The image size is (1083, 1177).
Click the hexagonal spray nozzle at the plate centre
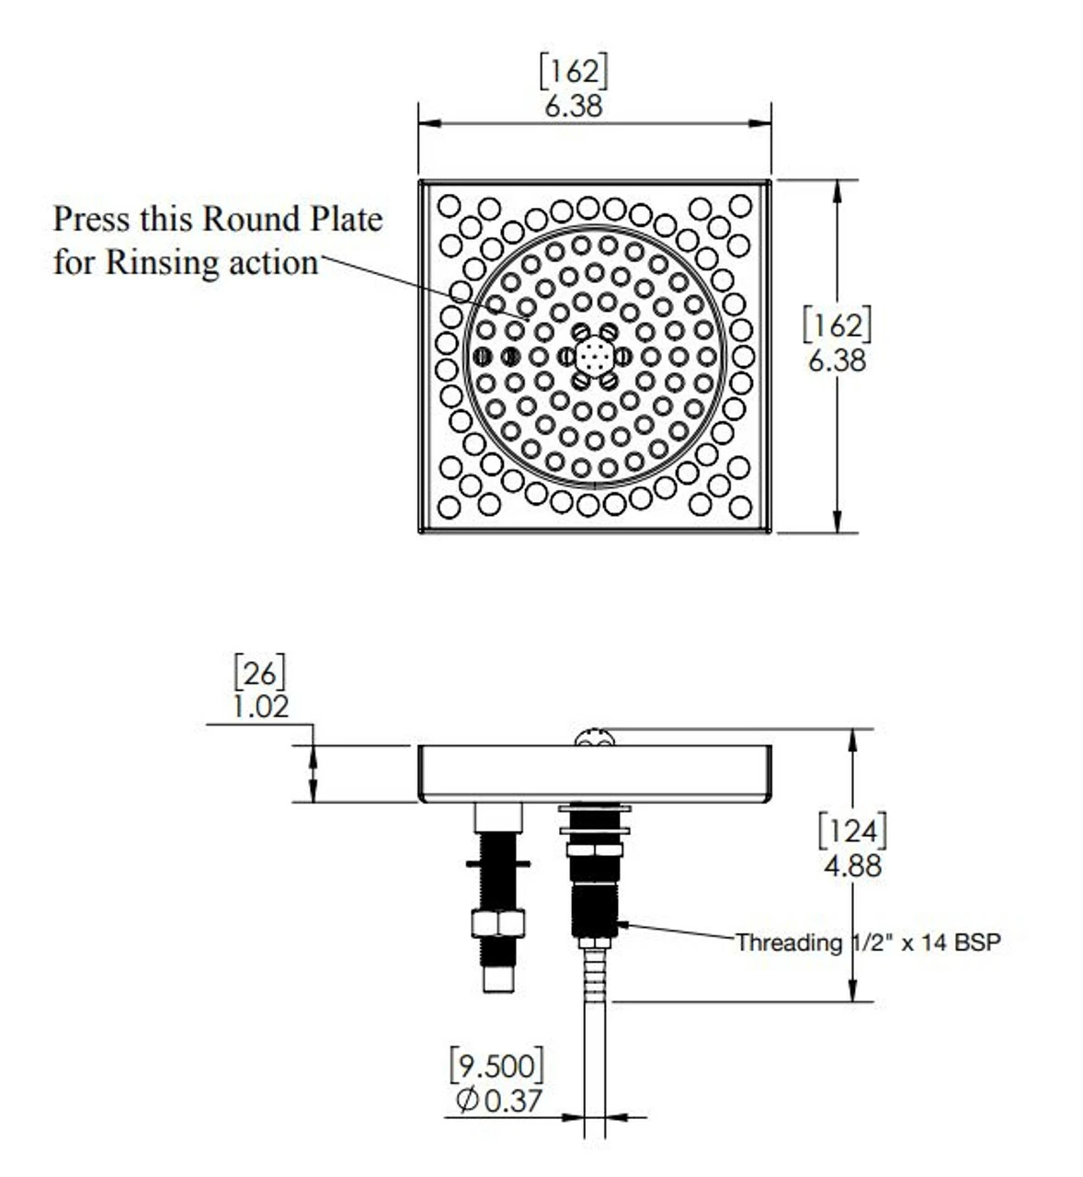click(595, 356)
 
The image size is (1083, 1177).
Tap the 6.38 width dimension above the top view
click(574, 106)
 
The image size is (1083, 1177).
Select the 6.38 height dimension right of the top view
click(837, 360)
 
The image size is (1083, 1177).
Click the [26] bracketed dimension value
click(260, 673)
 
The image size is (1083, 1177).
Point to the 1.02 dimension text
click(260, 706)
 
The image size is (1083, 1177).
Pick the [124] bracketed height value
click(853, 831)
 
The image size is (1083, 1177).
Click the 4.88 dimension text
click(853, 865)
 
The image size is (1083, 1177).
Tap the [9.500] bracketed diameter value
click(496, 1066)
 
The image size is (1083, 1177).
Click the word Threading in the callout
click(789, 943)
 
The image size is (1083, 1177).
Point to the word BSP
click(976, 943)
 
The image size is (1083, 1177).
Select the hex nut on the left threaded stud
click(497, 922)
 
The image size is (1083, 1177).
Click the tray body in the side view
click(595, 772)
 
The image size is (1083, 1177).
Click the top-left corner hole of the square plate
click(449, 205)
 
